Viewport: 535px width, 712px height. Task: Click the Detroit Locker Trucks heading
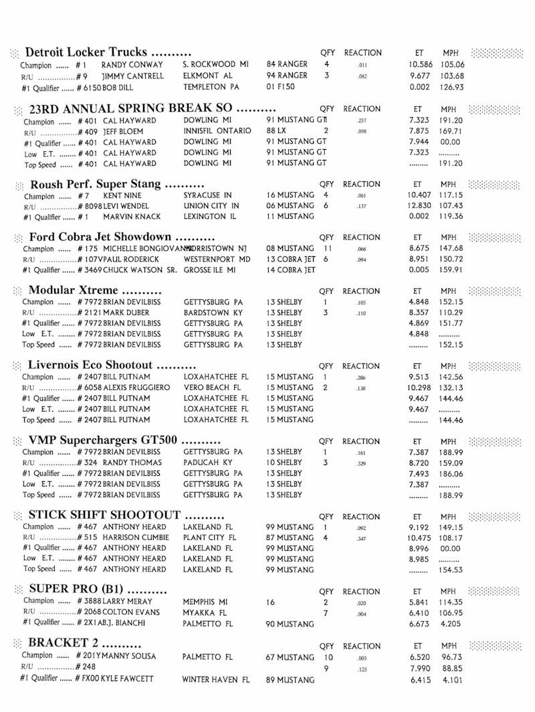[x=86, y=53]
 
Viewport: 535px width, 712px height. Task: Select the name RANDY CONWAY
[x=132, y=65]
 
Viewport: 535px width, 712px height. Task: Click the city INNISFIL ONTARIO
[x=217, y=131]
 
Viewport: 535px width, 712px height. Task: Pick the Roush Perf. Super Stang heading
[x=96, y=184]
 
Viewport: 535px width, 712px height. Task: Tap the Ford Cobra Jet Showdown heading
[x=101, y=238]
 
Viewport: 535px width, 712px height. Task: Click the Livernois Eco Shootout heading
[x=90, y=365]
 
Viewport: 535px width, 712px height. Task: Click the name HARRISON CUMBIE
[x=134, y=537]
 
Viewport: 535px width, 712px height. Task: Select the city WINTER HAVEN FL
[x=216, y=679]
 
